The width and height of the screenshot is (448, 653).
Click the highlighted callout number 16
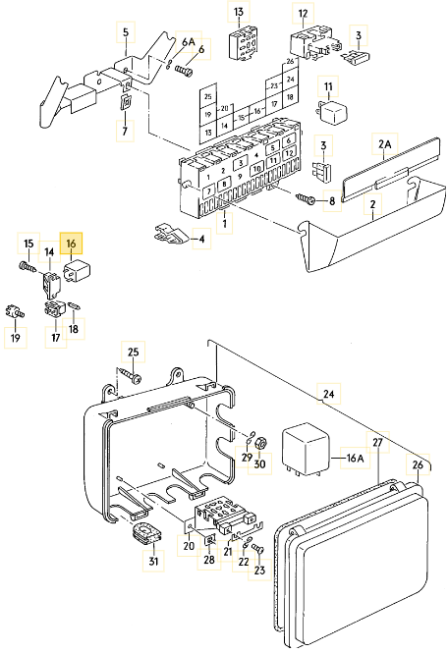[x=71, y=243]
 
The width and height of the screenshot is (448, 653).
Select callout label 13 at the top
[x=239, y=13]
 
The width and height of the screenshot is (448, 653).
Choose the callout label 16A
[x=353, y=458]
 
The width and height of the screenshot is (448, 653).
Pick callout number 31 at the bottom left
[x=152, y=562]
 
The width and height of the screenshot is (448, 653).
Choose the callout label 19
[x=15, y=339]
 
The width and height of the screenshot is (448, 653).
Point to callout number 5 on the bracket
[x=125, y=32]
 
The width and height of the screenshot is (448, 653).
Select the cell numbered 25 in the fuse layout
[x=207, y=97]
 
